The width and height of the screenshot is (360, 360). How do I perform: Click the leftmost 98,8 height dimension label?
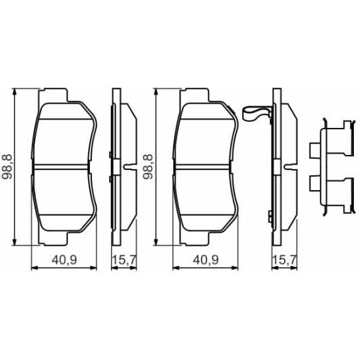pos(7,166)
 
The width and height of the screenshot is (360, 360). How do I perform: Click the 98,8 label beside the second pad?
pos(148,166)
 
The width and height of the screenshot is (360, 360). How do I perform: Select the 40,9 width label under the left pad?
pos(62,259)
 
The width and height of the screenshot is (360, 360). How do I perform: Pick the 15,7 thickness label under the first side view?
pos(121,259)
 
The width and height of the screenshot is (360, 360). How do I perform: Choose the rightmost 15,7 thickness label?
pos(282,259)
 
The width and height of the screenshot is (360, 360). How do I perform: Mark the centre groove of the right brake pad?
pos(206,166)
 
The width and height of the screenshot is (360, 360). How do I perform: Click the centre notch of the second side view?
pos(290,166)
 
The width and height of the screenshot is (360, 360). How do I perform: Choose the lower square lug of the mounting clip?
pos(314,183)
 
